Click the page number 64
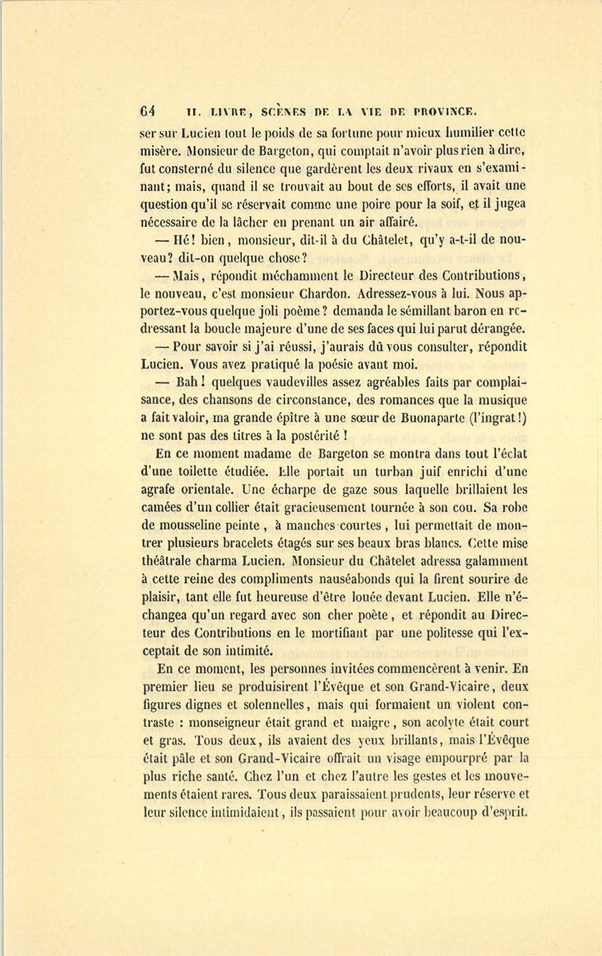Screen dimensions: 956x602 pyautogui.click(x=148, y=111)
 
